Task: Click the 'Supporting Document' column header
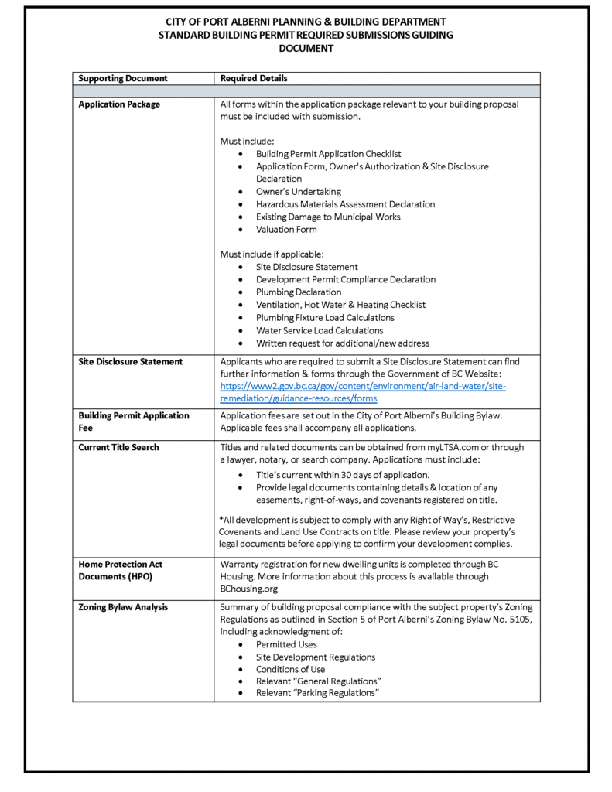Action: click(x=123, y=78)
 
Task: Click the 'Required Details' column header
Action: click(x=254, y=78)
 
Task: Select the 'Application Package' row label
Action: click(x=119, y=104)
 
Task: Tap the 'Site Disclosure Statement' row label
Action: click(x=130, y=361)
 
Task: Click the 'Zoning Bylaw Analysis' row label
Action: click(x=123, y=607)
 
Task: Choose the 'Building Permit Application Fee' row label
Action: click(x=133, y=422)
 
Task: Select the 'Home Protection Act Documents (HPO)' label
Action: click(x=120, y=570)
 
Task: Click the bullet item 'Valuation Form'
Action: click(x=286, y=229)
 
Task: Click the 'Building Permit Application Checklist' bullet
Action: click(x=328, y=154)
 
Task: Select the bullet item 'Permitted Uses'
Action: click(x=286, y=644)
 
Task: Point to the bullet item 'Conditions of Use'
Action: click(x=290, y=669)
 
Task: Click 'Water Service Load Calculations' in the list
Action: click(x=320, y=330)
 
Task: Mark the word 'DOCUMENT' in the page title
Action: click(x=306, y=48)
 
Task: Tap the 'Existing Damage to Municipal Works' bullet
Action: click(x=328, y=217)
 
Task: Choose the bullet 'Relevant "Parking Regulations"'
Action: click(x=317, y=693)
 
